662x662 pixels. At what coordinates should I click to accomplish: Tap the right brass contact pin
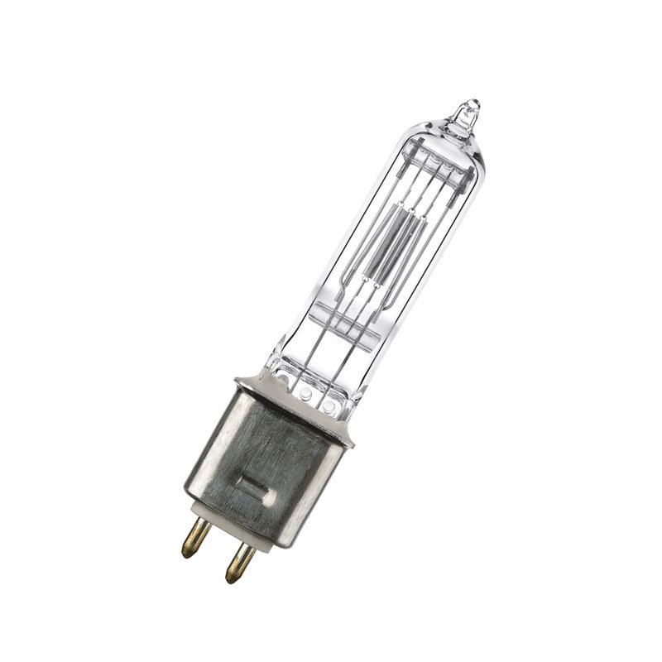pos(237,563)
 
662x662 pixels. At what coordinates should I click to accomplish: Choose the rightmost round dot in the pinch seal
pos(329,407)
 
